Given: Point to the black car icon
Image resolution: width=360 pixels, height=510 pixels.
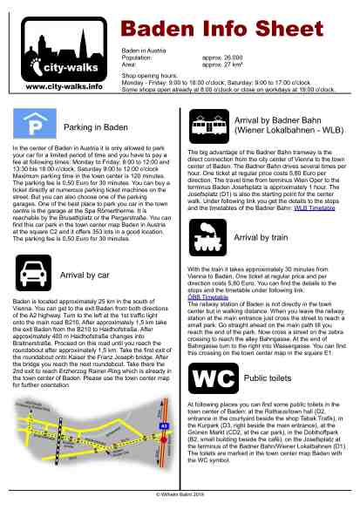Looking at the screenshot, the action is [x=35, y=276].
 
